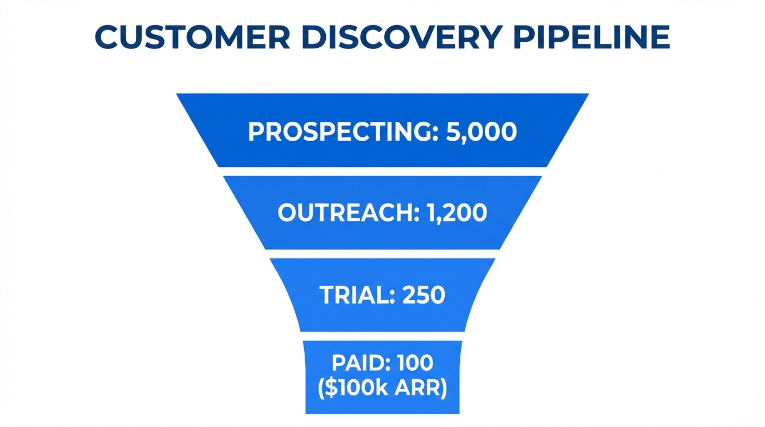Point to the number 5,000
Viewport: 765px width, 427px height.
[481, 131]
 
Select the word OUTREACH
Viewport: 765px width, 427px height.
[344, 213]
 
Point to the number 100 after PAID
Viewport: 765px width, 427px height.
[415, 363]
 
